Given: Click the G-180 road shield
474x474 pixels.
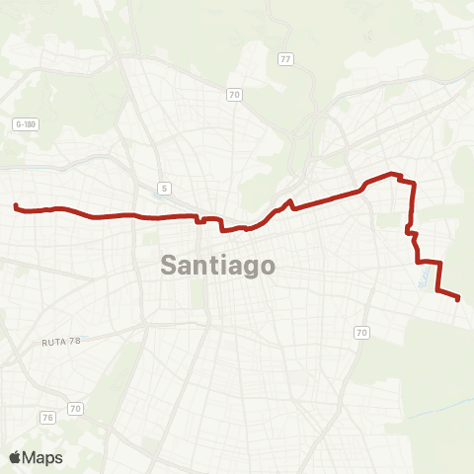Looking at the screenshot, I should coord(26,123).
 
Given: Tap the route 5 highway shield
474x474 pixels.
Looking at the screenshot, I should coord(163,188).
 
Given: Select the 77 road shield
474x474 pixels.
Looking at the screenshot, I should coord(285,59).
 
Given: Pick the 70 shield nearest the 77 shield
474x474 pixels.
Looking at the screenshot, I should coord(234,95).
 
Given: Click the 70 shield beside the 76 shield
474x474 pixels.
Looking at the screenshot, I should coord(74,407).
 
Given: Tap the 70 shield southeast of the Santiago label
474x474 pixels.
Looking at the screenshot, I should coord(361,333).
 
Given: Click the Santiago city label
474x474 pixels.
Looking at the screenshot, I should coord(217,266).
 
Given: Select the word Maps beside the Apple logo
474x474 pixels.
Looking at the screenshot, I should coord(44,457).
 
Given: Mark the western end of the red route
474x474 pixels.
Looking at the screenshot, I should coord(16,205).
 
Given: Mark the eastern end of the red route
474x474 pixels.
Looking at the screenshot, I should coord(459,299).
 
